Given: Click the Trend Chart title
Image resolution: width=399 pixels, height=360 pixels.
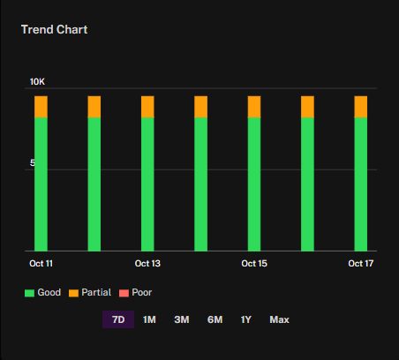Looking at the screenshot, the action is click(x=55, y=30).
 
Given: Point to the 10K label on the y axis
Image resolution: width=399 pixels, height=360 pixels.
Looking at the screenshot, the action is click(x=37, y=82).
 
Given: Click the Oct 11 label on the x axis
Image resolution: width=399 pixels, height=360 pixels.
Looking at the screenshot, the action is click(x=41, y=263).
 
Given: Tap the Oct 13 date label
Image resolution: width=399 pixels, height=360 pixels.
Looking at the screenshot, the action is click(x=147, y=263).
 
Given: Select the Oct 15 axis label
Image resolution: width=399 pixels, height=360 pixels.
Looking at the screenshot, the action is click(x=254, y=263).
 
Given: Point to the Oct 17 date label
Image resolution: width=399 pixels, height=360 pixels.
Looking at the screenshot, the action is click(x=361, y=263).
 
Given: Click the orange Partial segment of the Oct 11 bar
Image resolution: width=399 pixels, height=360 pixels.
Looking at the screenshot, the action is click(x=41, y=107).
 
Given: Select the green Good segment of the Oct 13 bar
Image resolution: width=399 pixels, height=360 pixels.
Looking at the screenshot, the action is click(x=147, y=184).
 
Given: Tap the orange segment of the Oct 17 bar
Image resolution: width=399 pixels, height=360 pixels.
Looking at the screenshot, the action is click(x=361, y=107).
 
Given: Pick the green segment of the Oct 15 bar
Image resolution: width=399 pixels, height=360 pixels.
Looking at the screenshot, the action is click(x=254, y=184).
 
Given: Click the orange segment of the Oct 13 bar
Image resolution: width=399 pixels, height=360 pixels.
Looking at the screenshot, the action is click(x=147, y=107).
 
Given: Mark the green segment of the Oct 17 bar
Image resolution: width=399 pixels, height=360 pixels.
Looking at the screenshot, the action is click(x=361, y=184).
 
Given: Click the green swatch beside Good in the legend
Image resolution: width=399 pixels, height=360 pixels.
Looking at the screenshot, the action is click(x=29, y=293).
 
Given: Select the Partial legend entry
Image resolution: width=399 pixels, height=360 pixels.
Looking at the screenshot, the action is click(x=90, y=293).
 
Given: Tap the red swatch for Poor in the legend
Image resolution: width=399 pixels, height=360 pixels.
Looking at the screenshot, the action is click(x=124, y=293).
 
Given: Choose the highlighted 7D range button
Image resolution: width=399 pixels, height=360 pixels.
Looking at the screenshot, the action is click(x=118, y=319).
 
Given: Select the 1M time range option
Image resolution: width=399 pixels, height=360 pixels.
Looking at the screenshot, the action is click(x=149, y=319).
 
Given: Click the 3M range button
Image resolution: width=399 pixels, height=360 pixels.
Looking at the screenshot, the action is click(x=182, y=319).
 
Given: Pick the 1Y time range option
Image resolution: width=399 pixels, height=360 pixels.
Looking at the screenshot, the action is click(x=246, y=319).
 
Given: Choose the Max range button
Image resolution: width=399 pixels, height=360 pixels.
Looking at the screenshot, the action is click(x=280, y=319).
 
